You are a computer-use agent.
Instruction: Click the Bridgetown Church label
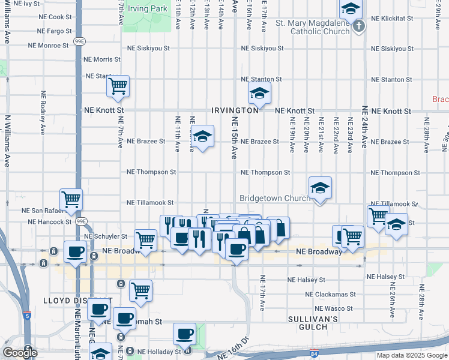pyautogui.click(x=273, y=198)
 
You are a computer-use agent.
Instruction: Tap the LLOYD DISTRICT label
pyautogui.click(x=70, y=300)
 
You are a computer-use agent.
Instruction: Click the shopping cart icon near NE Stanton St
pyautogui.click(x=118, y=86)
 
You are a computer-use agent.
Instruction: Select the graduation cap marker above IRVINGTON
pyautogui.click(x=259, y=93)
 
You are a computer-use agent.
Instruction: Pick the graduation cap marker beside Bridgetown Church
pyautogui.click(x=320, y=188)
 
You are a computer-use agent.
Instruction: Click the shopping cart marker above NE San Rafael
pyautogui.click(x=71, y=199)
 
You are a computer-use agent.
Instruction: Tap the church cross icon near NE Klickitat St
pyautogui.click(x=358, y=26)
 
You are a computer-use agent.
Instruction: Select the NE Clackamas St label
pyautogui.click(x=331, y=295)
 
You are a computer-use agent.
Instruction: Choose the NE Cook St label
pyautogui.click(x=56, y=17)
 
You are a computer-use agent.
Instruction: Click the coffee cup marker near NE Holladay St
pyautogui.click(x=184, y=334)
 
